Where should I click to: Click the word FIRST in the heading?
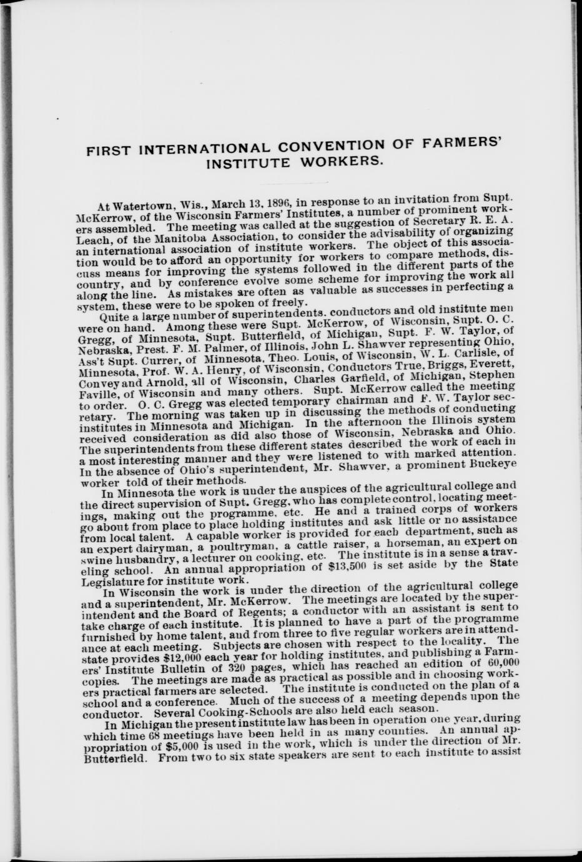coord(109,152)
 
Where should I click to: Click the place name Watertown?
coord(144,206)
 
